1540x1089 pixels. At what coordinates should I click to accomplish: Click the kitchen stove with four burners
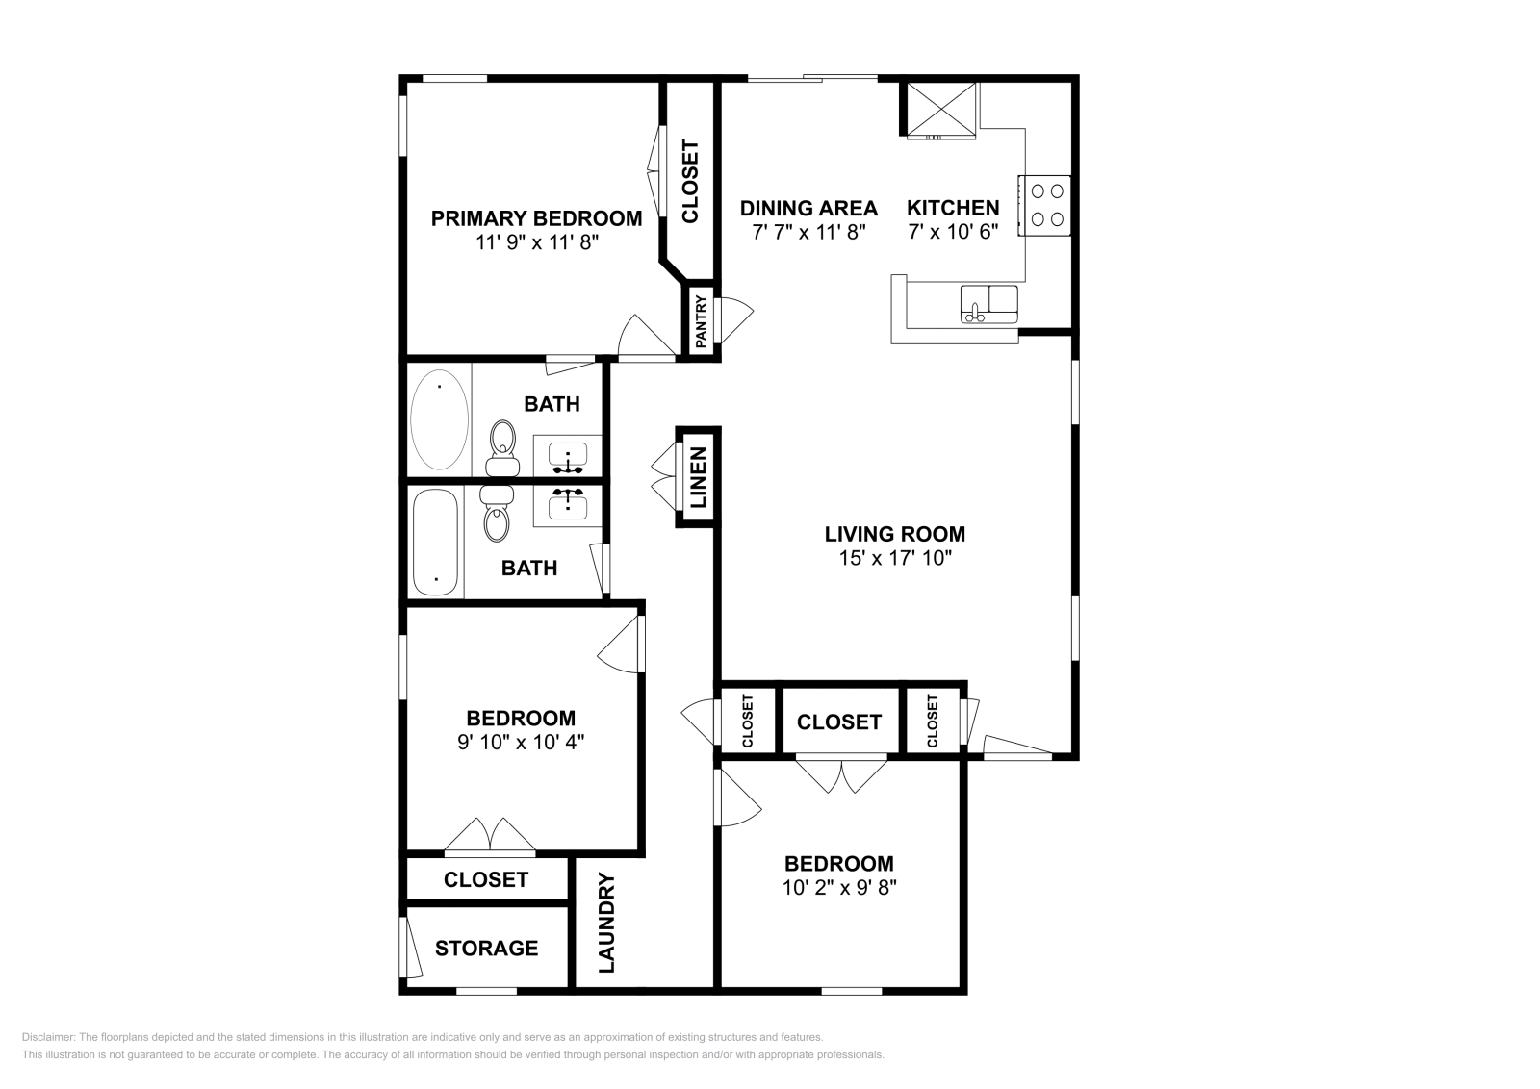[x=1044, y=206]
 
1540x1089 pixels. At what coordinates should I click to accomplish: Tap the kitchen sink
[x=988, y=304]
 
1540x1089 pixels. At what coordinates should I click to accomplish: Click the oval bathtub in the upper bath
[x=439, y=419]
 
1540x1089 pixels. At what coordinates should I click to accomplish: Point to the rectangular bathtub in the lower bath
[x=435, y=543]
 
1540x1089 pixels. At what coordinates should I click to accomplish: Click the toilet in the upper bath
[x=502, y=448]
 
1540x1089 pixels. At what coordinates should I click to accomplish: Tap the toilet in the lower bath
[x=497, y=514]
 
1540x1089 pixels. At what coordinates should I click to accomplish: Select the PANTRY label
[x=701, y=321]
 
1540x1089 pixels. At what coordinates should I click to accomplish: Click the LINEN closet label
[x=698, y=477]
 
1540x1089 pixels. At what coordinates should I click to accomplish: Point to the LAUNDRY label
[x=606, y=923]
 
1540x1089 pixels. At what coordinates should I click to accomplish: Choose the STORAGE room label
[x=487, y=949]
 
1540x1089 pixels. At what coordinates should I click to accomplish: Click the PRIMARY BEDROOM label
[x=536, y=218]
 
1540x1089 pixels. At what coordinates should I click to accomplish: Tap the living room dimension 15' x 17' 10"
[x=895, y=558]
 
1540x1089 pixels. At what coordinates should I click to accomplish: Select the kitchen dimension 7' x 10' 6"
[x=953, y=232]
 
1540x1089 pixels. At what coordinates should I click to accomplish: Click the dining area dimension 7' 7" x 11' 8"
[x=809, y=232]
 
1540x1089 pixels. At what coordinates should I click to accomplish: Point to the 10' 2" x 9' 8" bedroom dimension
[x=839, y=888]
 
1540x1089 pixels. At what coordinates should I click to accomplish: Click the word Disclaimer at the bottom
[x=47, y=1037]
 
